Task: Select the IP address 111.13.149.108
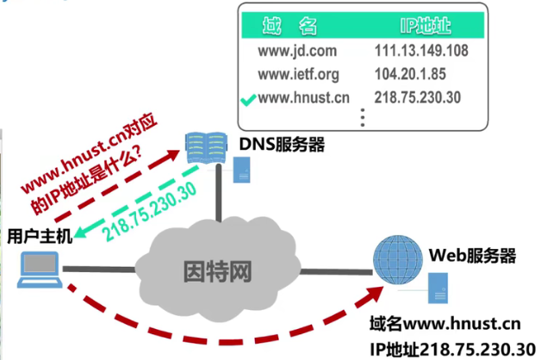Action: tap(421, 51)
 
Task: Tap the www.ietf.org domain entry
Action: tap(299, 74)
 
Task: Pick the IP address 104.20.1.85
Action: tap(409, 74)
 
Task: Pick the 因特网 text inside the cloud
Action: tap(218, 273)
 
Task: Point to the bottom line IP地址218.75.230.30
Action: tap(446, 349)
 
